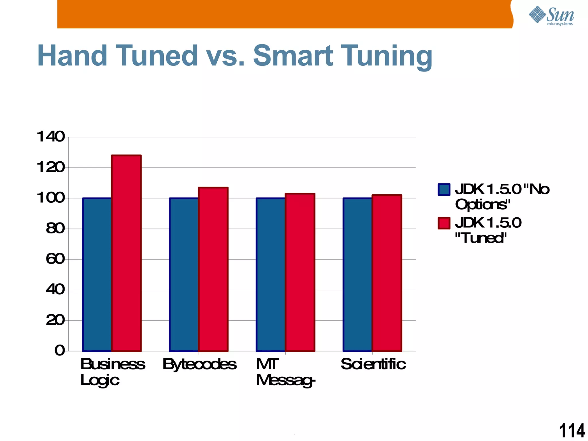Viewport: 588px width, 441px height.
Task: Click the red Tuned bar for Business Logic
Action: click(x=126, y=253)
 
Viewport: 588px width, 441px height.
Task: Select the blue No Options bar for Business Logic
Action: click(x=97, y=274)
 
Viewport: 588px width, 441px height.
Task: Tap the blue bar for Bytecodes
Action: click(x=184, y=274)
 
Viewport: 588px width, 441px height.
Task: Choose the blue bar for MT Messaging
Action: click(x=271, y=274)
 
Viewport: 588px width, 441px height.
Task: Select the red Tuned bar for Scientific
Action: click(x=387, y=273)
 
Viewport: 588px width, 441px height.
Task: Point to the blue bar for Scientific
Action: click(x=357, y=274)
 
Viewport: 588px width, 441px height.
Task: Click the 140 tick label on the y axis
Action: click(x=51, y=137)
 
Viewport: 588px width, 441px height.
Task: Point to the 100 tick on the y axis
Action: click(x=51, y=198)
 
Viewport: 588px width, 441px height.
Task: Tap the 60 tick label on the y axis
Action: click(x=55, y=259)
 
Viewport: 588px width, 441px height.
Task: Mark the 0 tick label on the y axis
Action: click(x=60, y=351)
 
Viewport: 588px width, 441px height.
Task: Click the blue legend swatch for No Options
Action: click(x=444, y=189)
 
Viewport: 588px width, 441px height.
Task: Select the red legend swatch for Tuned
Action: click(x=444, y=223)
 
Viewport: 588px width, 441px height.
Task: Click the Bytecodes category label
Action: click(x=200, y=364)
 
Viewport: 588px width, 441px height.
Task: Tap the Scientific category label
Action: click(x=373, y=364)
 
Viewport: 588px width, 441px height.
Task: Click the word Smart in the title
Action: click(x=293, y=56)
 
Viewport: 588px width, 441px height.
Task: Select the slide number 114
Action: click(x=572, y=431)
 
